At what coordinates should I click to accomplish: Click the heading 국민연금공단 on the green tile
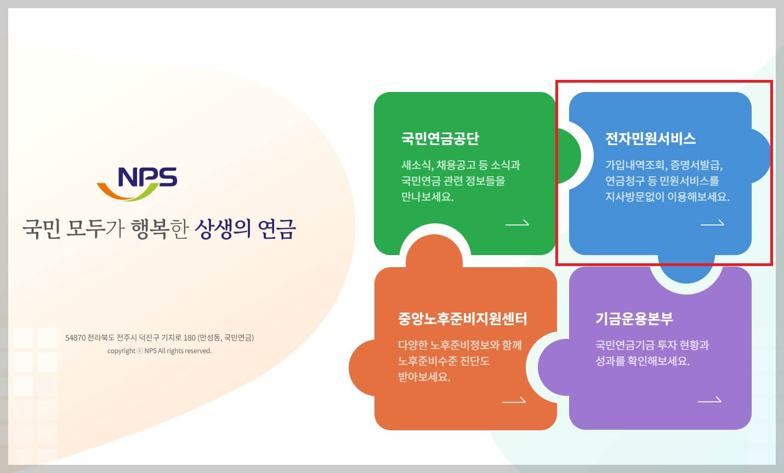[x=440, y=139]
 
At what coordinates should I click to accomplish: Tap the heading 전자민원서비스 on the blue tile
[x=650, y=139]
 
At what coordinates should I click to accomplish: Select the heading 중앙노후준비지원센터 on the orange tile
[x=462, y=319]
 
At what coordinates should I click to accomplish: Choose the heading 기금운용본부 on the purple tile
[x=634, y=319]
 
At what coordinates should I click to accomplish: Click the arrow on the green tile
[x=517, y=223]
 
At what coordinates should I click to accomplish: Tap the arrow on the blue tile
[x=712, y=223]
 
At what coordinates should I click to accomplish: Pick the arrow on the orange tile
[x=514, y=401]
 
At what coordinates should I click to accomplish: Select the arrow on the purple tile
[x=709, y=401]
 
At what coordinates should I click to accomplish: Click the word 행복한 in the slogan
[x=160, y=229]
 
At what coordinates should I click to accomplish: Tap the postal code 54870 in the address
[x=75, y=338]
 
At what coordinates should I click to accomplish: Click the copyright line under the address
[x=160, y=351]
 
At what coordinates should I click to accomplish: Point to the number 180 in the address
[x=190, y=338]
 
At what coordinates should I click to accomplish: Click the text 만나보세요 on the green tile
[x=428, y=197]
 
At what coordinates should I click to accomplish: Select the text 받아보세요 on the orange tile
[x=424, y=377]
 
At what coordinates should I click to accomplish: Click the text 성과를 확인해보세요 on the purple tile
[x=643, y=361]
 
